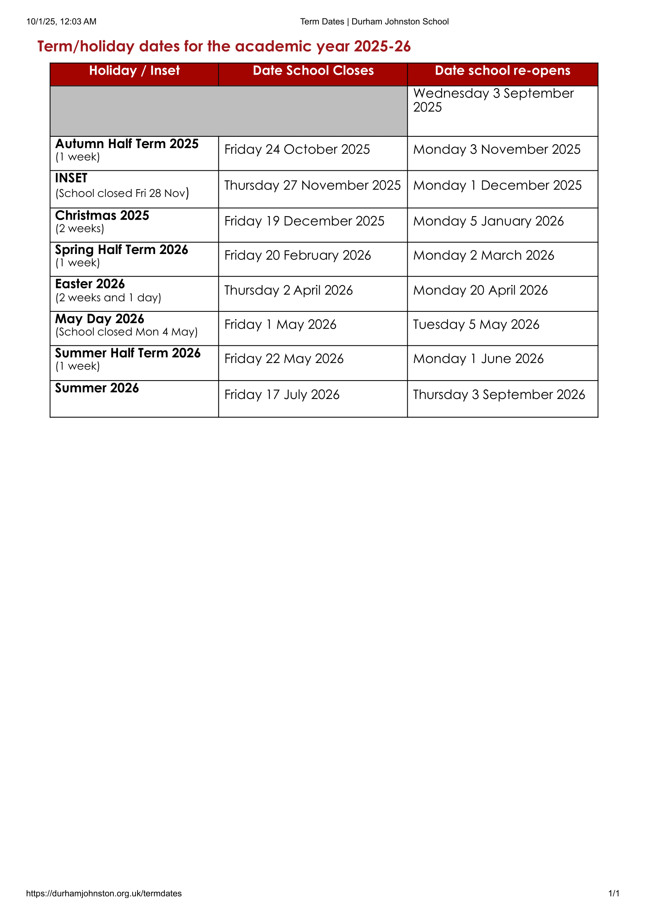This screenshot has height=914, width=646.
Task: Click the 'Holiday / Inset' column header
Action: coord(134,70)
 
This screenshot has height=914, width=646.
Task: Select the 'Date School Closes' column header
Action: coord(313,70)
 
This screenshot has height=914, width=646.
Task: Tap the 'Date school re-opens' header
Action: coord(502,70)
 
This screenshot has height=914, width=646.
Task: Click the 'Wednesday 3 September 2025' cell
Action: coord(493,100)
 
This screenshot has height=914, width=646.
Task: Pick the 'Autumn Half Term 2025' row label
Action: coord(127,144)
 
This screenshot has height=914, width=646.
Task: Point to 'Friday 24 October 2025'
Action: coord(297,149)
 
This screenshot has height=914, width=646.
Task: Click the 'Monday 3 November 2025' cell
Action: coord(497,149)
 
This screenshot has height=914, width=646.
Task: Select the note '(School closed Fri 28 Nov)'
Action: coord(122,193)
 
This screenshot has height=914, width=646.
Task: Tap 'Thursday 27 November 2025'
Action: coord(313,185)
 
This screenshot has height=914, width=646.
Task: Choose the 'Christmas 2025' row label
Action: coord(102,215)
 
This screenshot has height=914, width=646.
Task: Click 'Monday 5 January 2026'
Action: coord(489,221)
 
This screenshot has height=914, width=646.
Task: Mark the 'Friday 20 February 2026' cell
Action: coord(297,255)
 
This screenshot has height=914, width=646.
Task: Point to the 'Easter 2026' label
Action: coord(90,284)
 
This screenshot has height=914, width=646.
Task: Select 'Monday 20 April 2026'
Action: coord(480,290)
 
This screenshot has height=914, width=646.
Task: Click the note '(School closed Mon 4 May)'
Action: coord(126,332)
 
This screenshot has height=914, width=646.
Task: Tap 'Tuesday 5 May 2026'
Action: coord(476,324)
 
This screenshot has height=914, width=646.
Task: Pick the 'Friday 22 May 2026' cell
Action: coord(284,359)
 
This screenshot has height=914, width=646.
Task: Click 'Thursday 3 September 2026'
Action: coord(499,395)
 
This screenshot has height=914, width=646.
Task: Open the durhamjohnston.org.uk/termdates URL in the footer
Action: coord(104,893)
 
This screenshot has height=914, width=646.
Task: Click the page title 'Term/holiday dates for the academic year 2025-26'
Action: coord(224,46)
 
